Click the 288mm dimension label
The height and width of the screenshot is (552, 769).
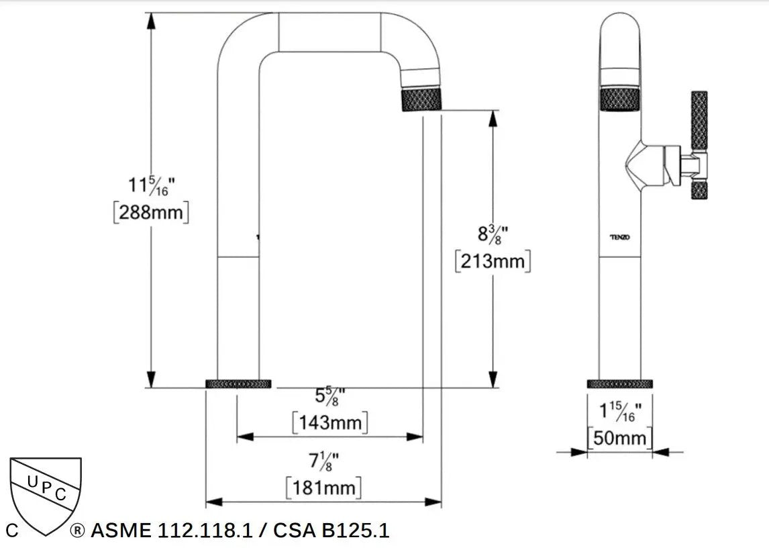[x=151, y=212]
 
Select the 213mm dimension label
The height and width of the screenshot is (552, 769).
[x=493, y=261]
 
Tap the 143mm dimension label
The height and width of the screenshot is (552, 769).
[x=330, y=423]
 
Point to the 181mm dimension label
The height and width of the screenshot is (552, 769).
[x=323, y=487]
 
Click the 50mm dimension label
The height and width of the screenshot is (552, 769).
[x=619, y=439]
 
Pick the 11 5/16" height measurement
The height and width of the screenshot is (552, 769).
[x=152, y=185]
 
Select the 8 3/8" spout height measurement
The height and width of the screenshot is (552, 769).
[x=493, y=234]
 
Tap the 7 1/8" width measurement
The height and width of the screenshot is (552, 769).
[x=323, y=462]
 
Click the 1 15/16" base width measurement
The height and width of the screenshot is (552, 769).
[x=619, y=411]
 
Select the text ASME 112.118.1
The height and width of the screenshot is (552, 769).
[x=171, y=531]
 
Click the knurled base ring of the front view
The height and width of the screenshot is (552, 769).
[x=238, y=384]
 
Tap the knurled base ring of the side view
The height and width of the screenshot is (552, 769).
[x=619, y=384]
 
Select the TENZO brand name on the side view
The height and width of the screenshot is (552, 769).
[x=619, y=237]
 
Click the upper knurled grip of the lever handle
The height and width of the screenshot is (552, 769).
[x=699, y=120]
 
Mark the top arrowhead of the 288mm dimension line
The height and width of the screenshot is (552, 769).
[x=152, y=20]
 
